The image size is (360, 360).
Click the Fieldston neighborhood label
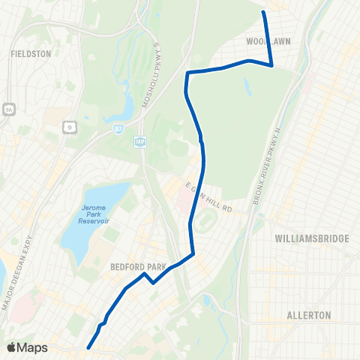(30, 54)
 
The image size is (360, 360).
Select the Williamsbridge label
(313, 238)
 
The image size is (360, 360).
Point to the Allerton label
(309, 316)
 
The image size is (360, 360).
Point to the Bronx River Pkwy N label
(277, 164)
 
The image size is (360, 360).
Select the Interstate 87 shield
(119, 130)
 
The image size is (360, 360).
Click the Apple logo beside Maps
(12, 347)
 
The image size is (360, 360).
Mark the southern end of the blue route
(88, 347)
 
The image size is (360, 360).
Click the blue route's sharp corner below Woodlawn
(271, 65)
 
